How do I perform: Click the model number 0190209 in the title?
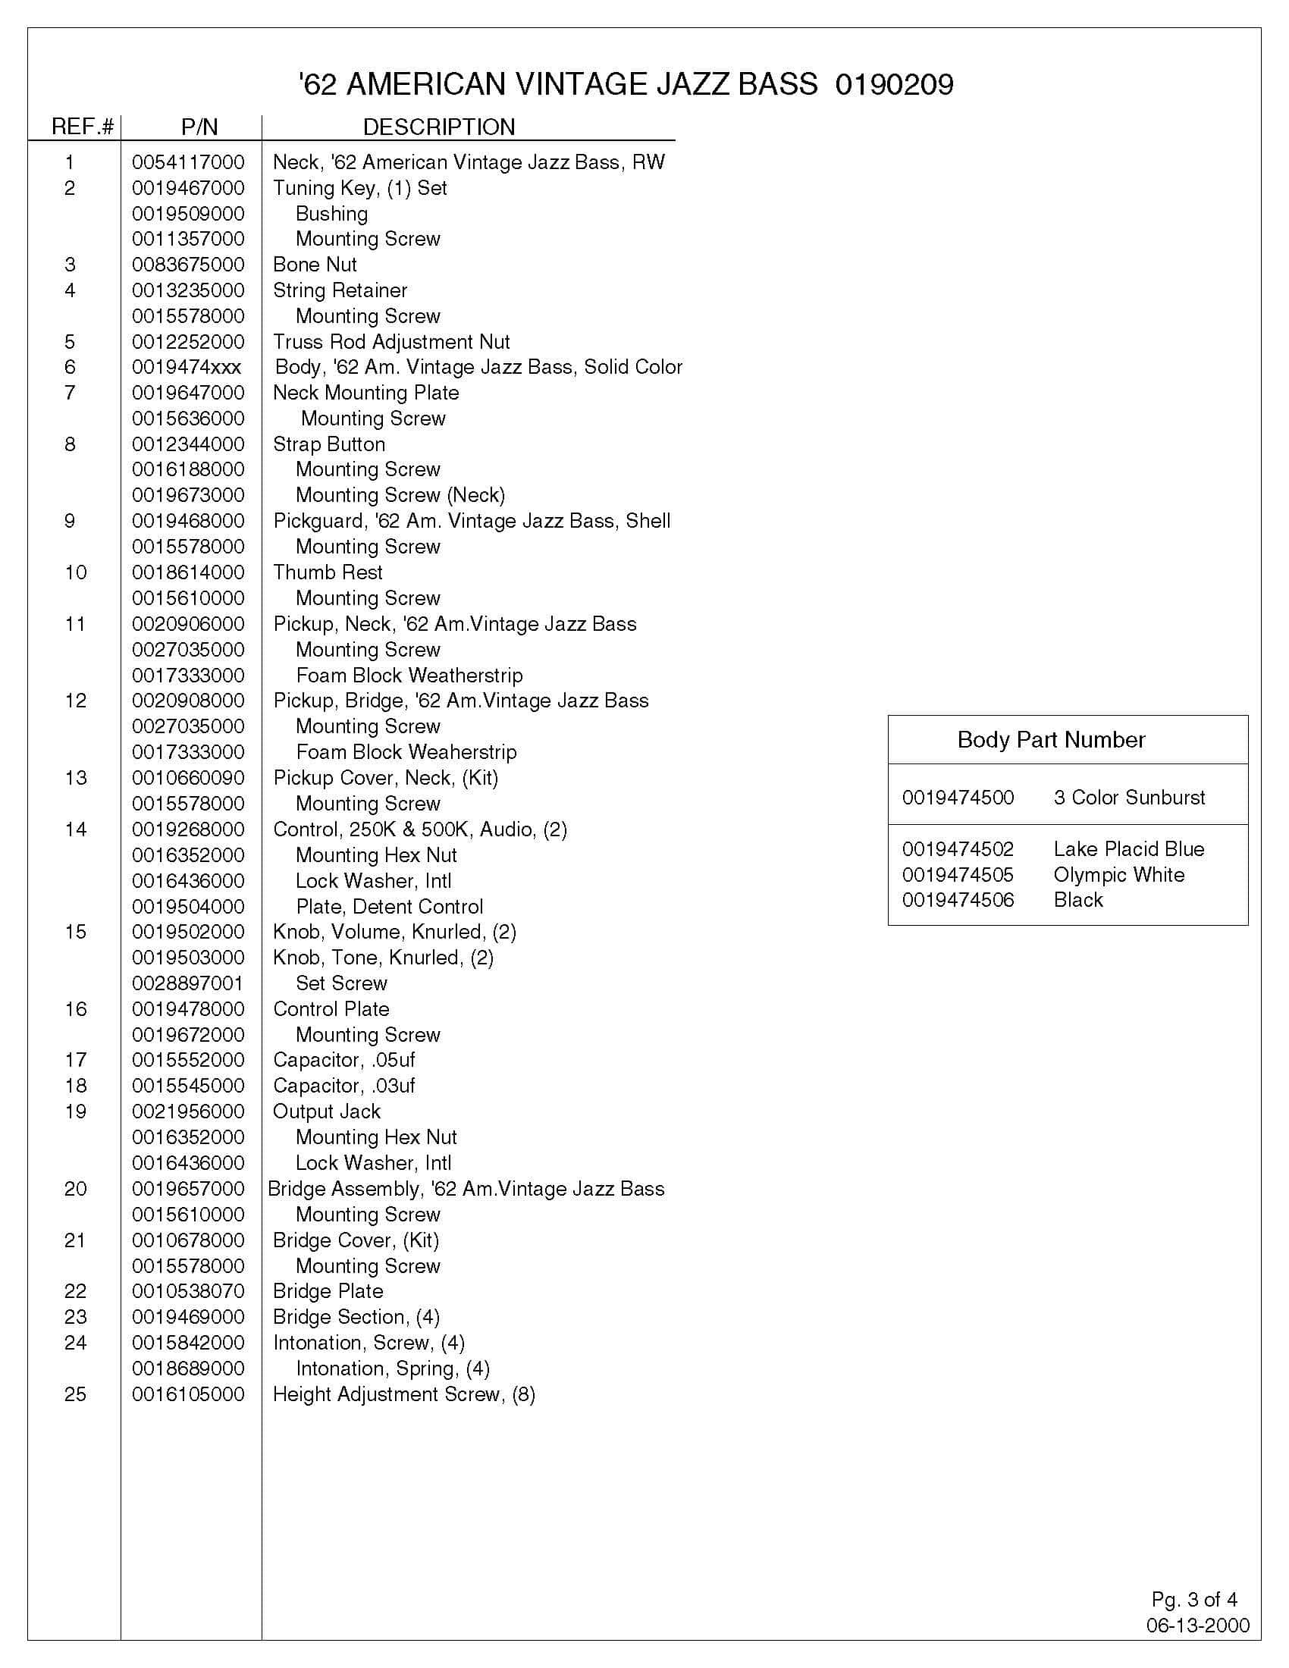894,85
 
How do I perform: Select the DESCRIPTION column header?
438,127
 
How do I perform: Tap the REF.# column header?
83,127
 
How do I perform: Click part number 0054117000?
188,163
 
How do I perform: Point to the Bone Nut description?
315,265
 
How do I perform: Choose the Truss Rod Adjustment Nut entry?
391,342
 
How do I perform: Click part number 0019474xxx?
187,368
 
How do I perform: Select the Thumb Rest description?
328,572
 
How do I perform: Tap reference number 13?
76,778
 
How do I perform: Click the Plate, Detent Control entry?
390,908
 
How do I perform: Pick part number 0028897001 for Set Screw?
188,983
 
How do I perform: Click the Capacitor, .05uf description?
343,1060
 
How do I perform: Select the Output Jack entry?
327,1112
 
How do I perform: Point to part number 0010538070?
188,1291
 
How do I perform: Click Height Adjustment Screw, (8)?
404,1394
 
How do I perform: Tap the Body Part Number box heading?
1051,740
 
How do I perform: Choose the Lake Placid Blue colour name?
1129,849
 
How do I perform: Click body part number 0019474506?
958,901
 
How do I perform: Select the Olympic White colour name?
1118,875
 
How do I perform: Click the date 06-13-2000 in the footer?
1197,1647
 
